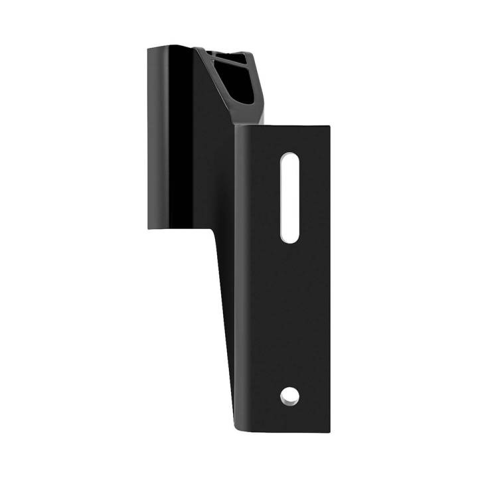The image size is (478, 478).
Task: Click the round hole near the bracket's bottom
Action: point(289,396)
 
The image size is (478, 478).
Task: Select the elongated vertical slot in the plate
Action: point(289,197)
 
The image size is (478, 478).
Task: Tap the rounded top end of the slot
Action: point(289,158)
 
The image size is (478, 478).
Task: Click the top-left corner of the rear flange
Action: point(149,48)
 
